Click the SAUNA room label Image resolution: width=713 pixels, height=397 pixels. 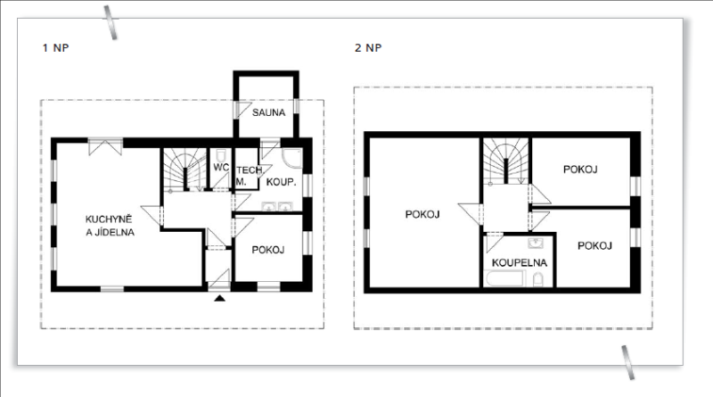pyautogui.click(x=269, y=112)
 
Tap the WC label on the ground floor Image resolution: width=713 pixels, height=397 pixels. pyautogui.click(x=221, y=167)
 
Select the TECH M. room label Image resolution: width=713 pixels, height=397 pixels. pyautogui.click(x=249, y=176)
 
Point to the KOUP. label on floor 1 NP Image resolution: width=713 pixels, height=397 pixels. pyautogui.click(x=281, y=182)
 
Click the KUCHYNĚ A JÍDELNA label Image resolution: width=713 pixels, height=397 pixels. pyautogui.click(x=110, y=226)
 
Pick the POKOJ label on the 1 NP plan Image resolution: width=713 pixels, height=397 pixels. pyautogui.click(x=268, y=250)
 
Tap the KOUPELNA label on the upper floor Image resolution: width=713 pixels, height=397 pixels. pyautogui.click(x=520, y=262)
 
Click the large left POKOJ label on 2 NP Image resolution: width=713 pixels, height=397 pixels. pyautogui.click(x=422, y=214)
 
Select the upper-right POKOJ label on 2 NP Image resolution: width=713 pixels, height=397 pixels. pyautogui.click(x=580, y=170)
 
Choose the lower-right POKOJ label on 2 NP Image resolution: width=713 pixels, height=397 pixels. pyautogui.click(x=594, y=246)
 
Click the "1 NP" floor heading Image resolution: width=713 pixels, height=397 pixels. pyautogui.click(x=55, y=48)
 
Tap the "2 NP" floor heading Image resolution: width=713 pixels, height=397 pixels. pyautogui.click(x=368, y=48)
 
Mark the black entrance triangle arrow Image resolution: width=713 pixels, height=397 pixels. pyautogui.click(x=220, y=298)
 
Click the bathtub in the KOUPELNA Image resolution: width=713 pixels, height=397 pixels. pyautogui.click(x=505, y=278)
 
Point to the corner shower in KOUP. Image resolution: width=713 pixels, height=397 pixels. pyautogui.click(x=292, y=158)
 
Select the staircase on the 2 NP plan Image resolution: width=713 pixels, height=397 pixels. pyautogui.click(x=505, y=161)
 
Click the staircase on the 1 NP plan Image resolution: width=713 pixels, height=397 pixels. pyautogui.click(x=185, y=170)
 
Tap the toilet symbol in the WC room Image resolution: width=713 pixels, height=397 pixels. pyautogui.click(x=221, y=155)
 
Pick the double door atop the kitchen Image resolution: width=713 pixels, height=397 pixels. pyautogui.click(x=105, y=146)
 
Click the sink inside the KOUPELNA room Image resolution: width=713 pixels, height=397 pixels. pyautogui.click(x=536, y=244)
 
